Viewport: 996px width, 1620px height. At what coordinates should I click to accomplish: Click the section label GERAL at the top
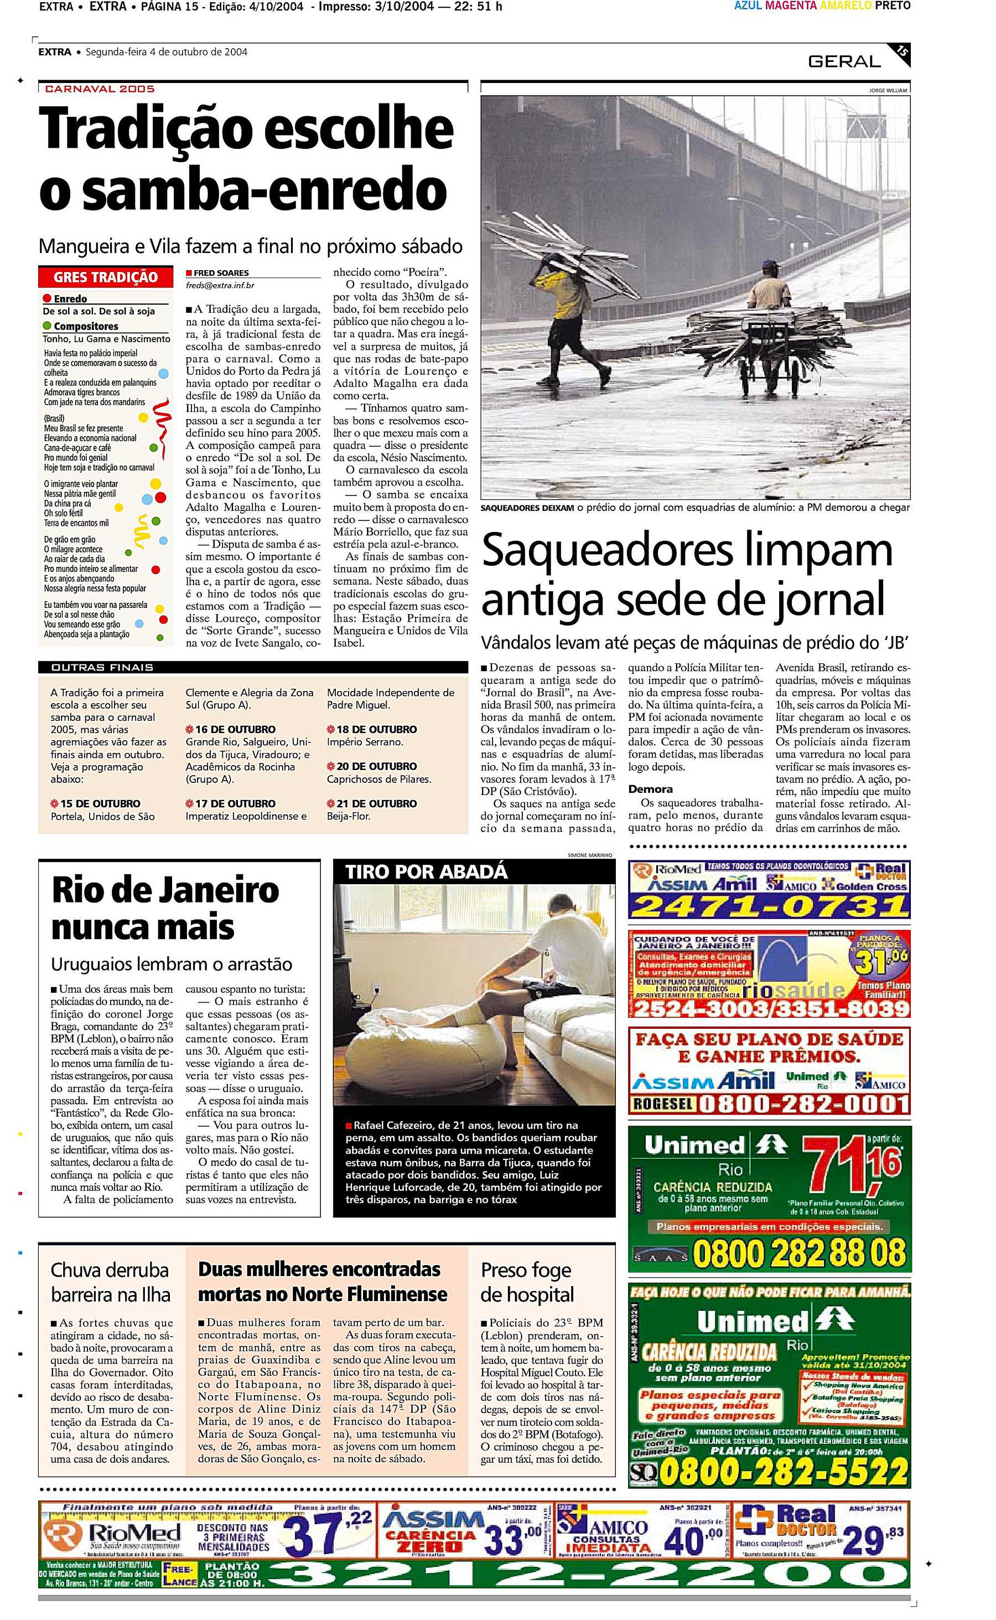[x=844, y=61]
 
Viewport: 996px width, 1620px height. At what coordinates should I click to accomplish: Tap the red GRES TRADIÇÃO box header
[x=105, y=277]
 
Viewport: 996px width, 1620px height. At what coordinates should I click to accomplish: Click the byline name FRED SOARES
[x=221, y=273]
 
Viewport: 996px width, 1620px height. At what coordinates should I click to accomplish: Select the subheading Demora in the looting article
[x=650, y=789]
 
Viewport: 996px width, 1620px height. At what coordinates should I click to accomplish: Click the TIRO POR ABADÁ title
[x=426, y=871]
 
